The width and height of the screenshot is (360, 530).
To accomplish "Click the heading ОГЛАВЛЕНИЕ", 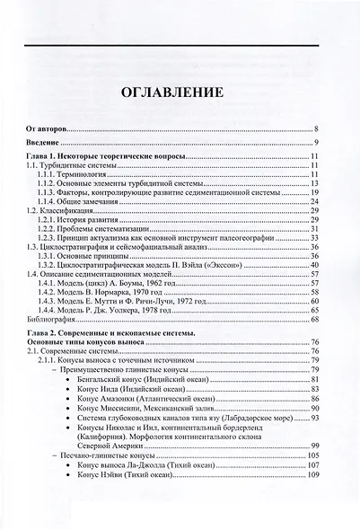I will (180, 93).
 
